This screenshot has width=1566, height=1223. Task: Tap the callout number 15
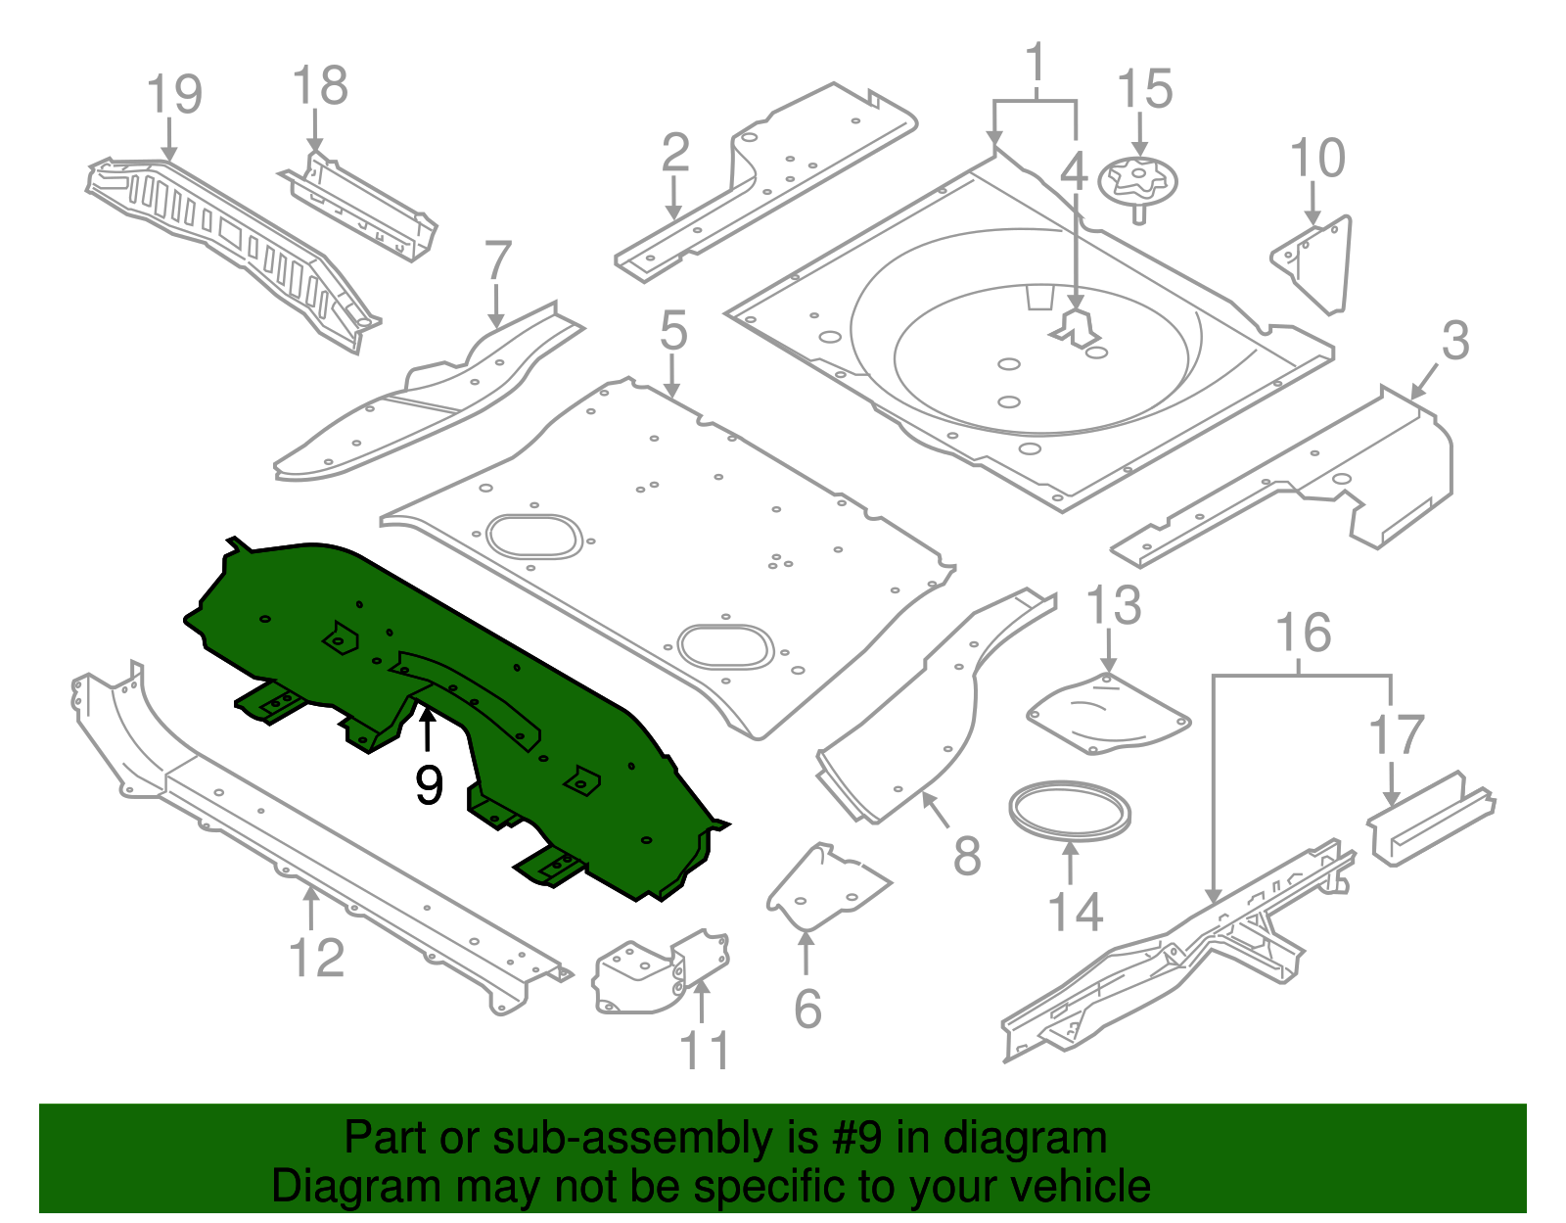tap(1144, 89)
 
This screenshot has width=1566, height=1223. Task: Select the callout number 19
tap(174, 94)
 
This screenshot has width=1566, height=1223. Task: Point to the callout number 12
tap(317, 958)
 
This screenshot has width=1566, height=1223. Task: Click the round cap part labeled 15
tap(1137, 181)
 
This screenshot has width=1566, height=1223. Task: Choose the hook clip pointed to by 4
tap(1076, 327)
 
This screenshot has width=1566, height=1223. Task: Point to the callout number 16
tap(1303, 634)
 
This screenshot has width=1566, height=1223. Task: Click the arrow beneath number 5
tap(672, 376)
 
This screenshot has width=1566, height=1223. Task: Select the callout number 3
tap(1455, 341)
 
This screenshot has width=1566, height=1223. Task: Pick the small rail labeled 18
tap(362, 207)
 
